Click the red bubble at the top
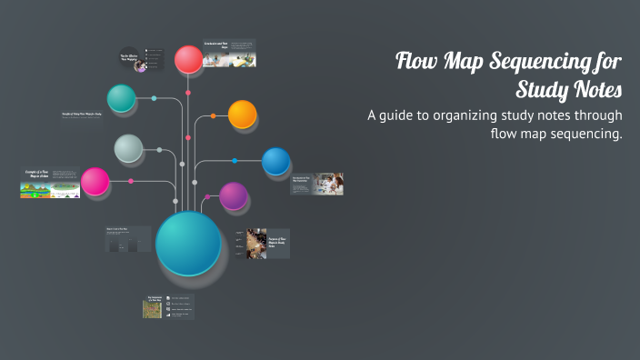(x=188, y=59)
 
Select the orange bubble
(x=243, y=115)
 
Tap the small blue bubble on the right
(x=275, y=161)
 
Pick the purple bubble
(x=234, y=195)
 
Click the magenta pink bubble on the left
(x=95, y=182)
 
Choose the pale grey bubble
(x=128, y=147)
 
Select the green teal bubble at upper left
(x=121, y=97)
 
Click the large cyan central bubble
(x=188, y=243)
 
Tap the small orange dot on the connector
(x=213, y=116)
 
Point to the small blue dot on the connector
(x=235, y=161)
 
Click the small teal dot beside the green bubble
(x=154, y=98)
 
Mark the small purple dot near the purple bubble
(x=207, y=195)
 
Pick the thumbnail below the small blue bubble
(x=316, y=184)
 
